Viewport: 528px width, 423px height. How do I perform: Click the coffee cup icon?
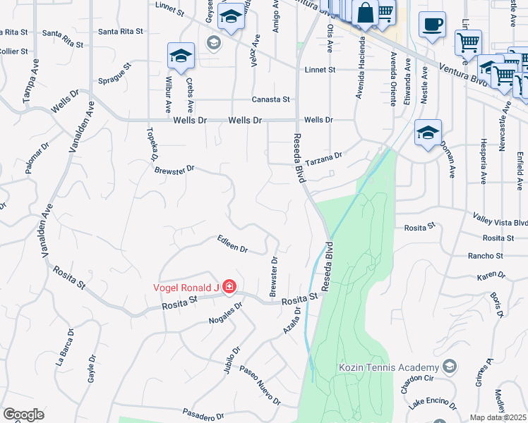point(432,25)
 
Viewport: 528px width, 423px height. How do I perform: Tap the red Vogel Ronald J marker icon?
point(229,286)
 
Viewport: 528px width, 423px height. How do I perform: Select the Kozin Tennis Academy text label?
point(389,367)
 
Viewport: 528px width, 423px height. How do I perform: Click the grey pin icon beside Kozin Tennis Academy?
point(449,367)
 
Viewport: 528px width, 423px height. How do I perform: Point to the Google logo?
point(23,415)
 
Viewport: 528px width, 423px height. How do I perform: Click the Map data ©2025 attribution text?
point(498,417)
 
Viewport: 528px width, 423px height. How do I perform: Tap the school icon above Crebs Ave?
point(181,56)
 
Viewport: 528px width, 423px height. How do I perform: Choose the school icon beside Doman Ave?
point(428,132)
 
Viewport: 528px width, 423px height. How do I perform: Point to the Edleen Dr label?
point(233,245)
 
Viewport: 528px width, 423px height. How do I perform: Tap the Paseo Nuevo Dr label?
point(260,386)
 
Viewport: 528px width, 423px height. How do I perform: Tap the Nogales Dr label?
point(226,314)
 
